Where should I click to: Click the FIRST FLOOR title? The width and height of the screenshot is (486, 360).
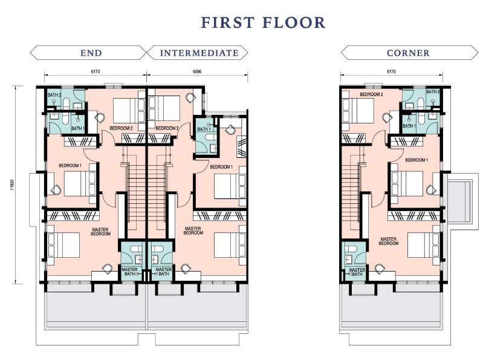point(263,22)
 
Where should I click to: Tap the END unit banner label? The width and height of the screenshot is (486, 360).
point(91,53)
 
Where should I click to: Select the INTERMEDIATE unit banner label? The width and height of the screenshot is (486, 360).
point(199,53)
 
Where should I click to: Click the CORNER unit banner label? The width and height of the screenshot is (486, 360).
point(408,53)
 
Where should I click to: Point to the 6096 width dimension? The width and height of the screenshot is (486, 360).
point(197,71)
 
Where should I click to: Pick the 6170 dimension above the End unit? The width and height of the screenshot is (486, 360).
point(96,71)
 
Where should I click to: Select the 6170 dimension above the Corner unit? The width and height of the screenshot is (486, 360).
point(392,71)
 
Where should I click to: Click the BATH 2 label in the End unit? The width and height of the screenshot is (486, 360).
point(54,95)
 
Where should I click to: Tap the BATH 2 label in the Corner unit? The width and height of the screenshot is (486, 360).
point(433,92)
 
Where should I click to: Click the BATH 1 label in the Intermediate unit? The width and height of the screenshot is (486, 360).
point(204,129)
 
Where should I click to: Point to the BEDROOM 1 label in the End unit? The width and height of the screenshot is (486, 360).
point(70,166)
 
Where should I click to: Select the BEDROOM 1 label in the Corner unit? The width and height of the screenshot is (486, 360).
point(416,160)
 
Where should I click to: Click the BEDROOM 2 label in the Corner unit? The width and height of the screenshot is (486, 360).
point(371,94)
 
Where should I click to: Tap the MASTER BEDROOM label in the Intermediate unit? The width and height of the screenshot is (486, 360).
point(193,231)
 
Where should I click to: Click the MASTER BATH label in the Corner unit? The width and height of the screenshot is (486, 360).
point(357,272)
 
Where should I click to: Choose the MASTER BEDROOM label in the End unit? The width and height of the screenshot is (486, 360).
point(101,232)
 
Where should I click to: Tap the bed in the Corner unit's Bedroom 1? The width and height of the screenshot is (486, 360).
point(407,184)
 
